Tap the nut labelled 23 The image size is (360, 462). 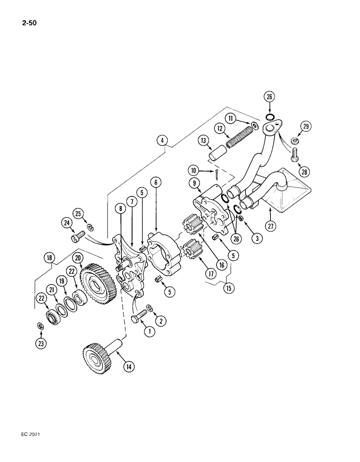coord(40,328)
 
